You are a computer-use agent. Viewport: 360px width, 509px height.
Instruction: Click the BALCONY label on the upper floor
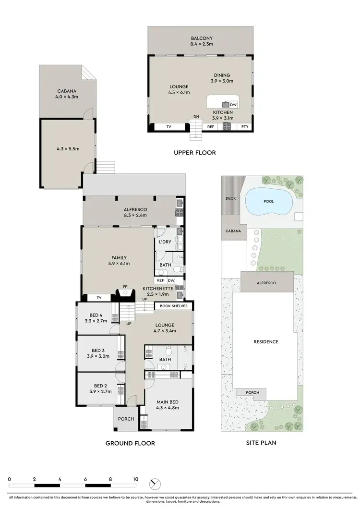click(202, 38)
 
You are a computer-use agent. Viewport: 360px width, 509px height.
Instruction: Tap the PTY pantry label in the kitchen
click(245, 127)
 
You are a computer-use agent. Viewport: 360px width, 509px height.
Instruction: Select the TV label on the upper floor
click(168, 127)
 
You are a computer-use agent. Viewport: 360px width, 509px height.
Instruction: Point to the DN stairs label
click(196, 117)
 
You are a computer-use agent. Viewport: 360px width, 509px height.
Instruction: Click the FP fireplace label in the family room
click(126, 287)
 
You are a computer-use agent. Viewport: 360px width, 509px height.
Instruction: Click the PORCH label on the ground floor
click(126, 419)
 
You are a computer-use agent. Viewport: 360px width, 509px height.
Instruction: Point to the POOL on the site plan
click(269, 201)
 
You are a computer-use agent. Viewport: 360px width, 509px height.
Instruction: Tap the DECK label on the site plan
click(230, 198)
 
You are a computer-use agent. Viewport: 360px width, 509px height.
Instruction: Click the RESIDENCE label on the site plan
click(266, 342)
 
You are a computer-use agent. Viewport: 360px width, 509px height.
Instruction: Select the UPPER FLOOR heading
click(194, 153)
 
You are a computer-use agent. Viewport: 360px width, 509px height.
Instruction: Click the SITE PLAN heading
click(261, 443)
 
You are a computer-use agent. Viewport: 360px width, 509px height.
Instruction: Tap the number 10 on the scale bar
click(136, 479)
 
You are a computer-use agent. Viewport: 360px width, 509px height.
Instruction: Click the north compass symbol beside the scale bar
click(156, 483)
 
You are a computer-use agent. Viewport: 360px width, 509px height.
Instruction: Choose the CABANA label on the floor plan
click(67, 91)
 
